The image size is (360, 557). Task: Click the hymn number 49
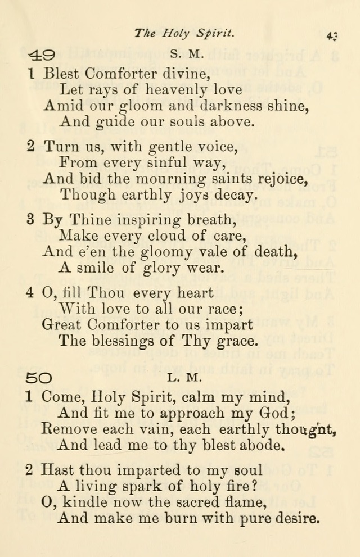[40, 55]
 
